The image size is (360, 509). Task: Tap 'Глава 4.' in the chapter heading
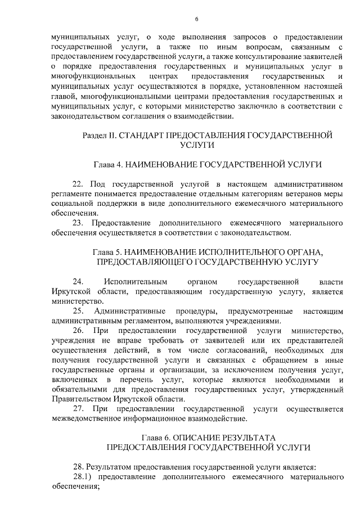(107, 164)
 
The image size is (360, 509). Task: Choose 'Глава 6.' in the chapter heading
(156, 437)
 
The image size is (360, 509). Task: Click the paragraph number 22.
(78, 184)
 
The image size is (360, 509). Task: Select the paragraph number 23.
(78, 223)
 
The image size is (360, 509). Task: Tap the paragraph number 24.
(78, 281)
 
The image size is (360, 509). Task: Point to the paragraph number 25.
(78, 310)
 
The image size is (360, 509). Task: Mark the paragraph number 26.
(78, 330)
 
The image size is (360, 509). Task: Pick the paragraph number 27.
(78, 408)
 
